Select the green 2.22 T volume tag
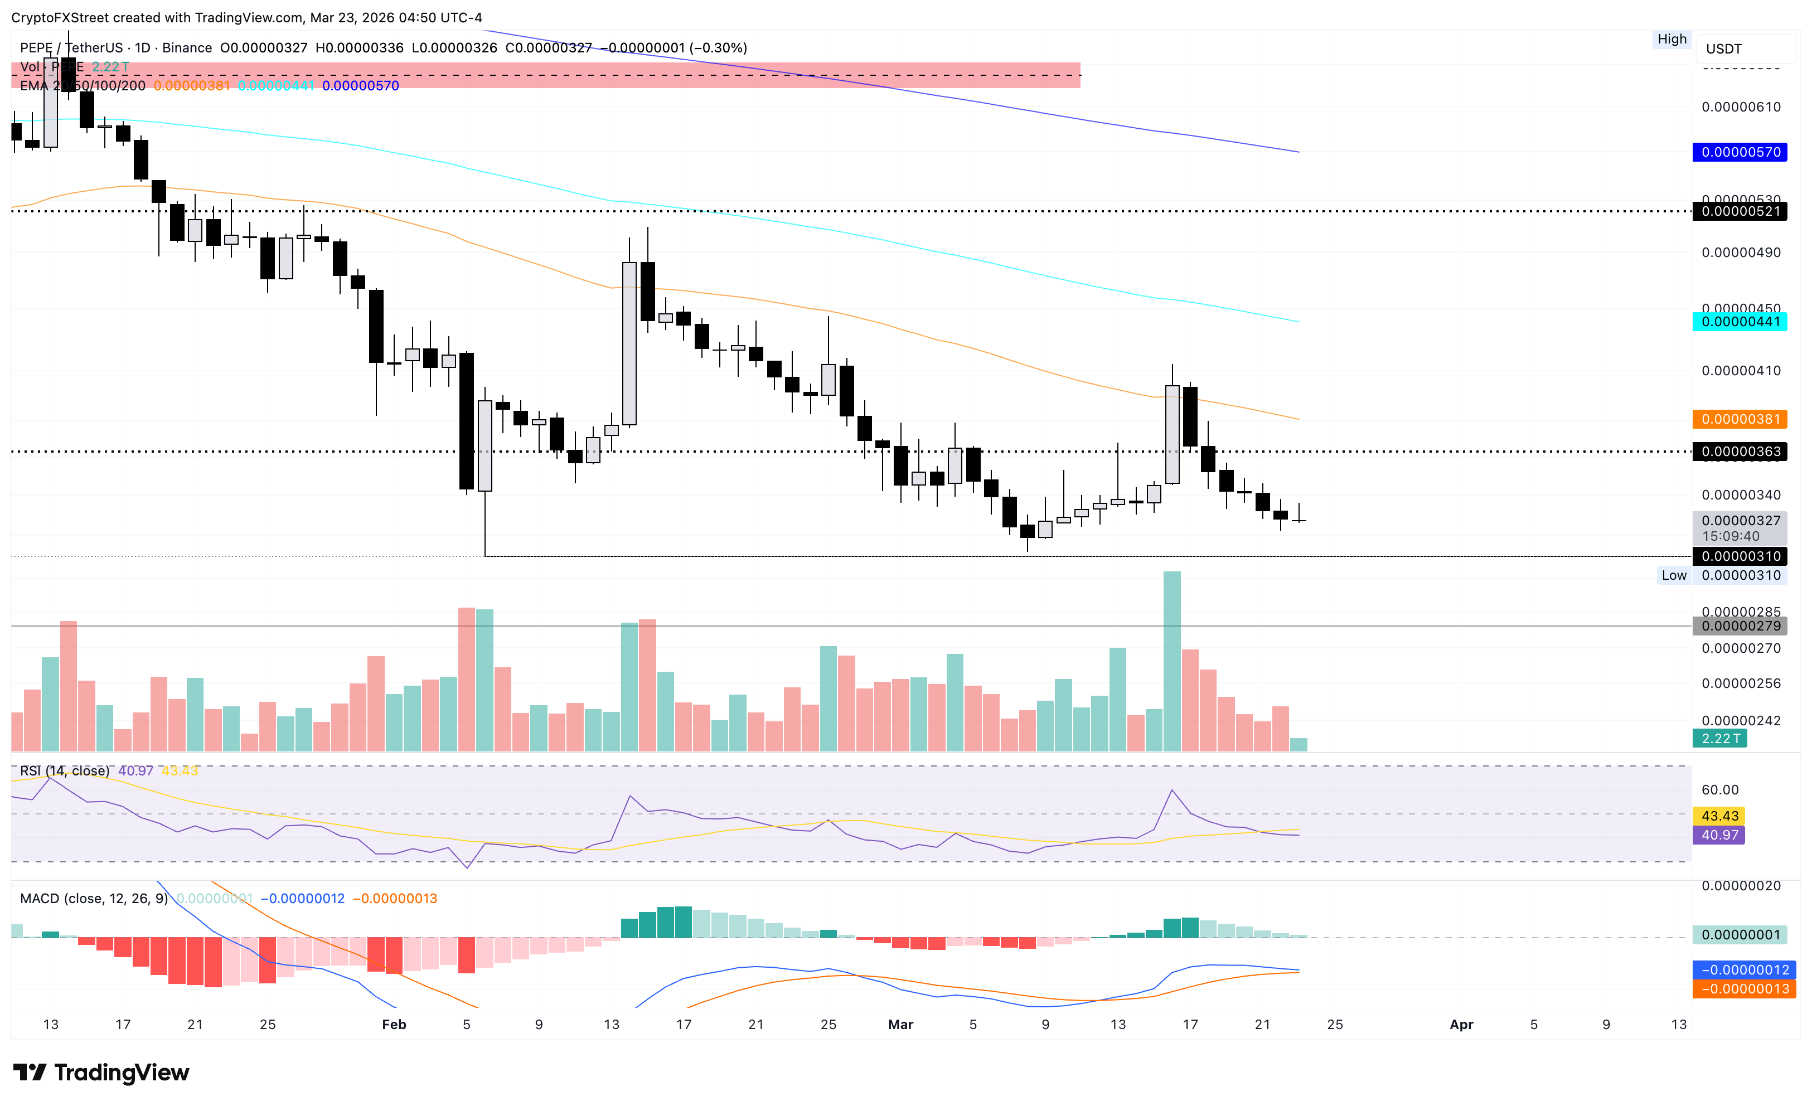pos(1719,738)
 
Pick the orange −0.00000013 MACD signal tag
pos(1743,989)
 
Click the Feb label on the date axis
pos(394,1025)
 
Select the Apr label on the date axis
pos(1461,1025)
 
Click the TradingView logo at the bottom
pos(101,1073)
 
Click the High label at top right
pos(1672,39)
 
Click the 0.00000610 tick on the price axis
pos(1741,108)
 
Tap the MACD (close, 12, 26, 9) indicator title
pos(94,899)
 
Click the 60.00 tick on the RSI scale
pos(1719,790)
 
